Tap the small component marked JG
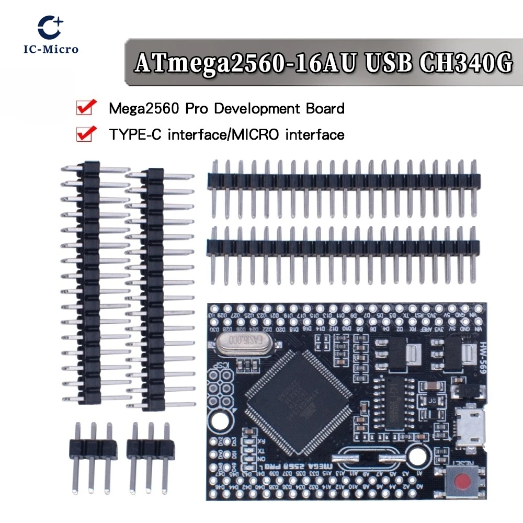tap(433, 401)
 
